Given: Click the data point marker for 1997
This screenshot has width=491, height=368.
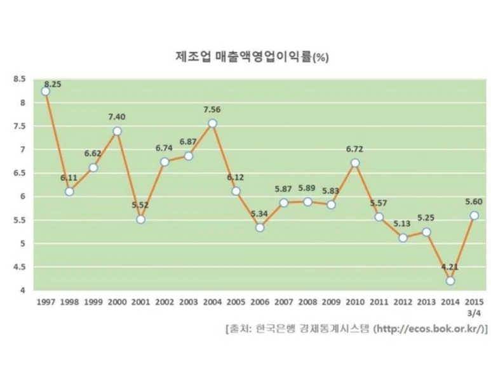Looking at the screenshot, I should pos(45,91).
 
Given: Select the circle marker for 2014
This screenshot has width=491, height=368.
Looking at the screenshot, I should pos(450,281).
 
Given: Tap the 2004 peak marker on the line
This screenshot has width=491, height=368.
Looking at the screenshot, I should pos(212,123).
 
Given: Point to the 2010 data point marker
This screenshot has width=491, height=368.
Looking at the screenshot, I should pos(355,163).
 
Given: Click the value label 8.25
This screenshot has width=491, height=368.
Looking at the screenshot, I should pos(53,83).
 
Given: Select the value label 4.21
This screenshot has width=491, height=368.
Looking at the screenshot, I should pos(450,267).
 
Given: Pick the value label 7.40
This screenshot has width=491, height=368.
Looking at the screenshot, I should pos(117,117).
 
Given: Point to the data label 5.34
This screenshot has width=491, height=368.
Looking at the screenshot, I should pos(260,214).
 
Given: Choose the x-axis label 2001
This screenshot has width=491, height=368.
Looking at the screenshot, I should pos(141,303).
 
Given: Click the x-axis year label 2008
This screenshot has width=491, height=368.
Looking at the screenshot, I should pos(307,303).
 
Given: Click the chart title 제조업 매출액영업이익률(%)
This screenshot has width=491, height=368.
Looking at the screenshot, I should pos(251,56).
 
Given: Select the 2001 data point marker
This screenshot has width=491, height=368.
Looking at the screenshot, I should pos(140,219).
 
